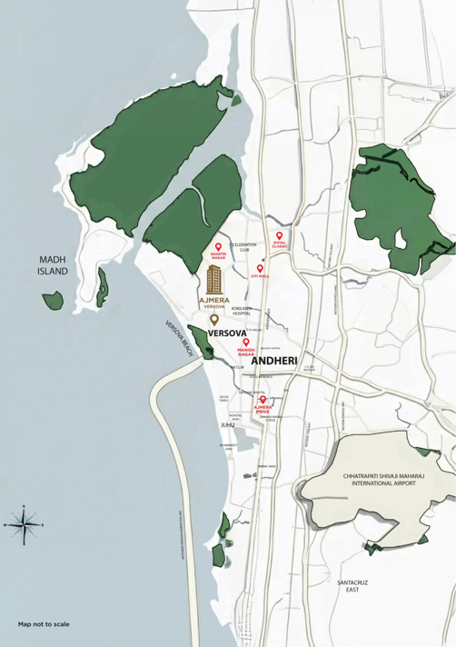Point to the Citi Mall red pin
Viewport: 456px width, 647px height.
point(260,268)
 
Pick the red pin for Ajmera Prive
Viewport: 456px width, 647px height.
point(263,401)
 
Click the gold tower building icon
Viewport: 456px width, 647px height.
point(216,278)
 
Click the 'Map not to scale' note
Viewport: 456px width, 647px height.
point(44,625)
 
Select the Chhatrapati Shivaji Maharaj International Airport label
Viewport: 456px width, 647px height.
point(378,479)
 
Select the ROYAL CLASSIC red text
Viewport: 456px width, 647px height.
point(280,246)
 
